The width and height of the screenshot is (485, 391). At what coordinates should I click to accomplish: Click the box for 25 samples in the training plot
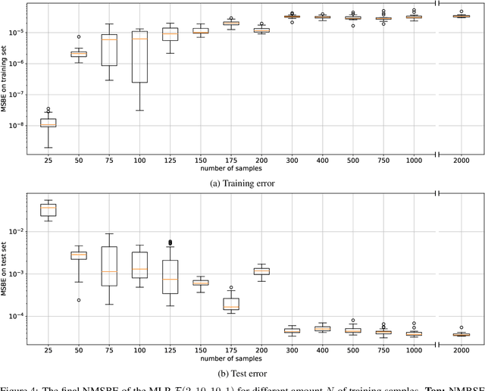point(48,122)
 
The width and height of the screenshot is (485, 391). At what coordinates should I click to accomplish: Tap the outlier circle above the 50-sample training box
point(78,36)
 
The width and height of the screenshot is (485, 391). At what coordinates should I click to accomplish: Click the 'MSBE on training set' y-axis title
point(5,78)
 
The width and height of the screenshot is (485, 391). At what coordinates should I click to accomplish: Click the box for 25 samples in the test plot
point(48,209)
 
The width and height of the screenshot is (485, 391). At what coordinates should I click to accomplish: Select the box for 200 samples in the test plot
point(261,271)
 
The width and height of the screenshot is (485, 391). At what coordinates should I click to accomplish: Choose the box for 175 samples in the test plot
point(231,303)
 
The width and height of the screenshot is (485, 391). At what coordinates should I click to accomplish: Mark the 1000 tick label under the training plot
point(414,161)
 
